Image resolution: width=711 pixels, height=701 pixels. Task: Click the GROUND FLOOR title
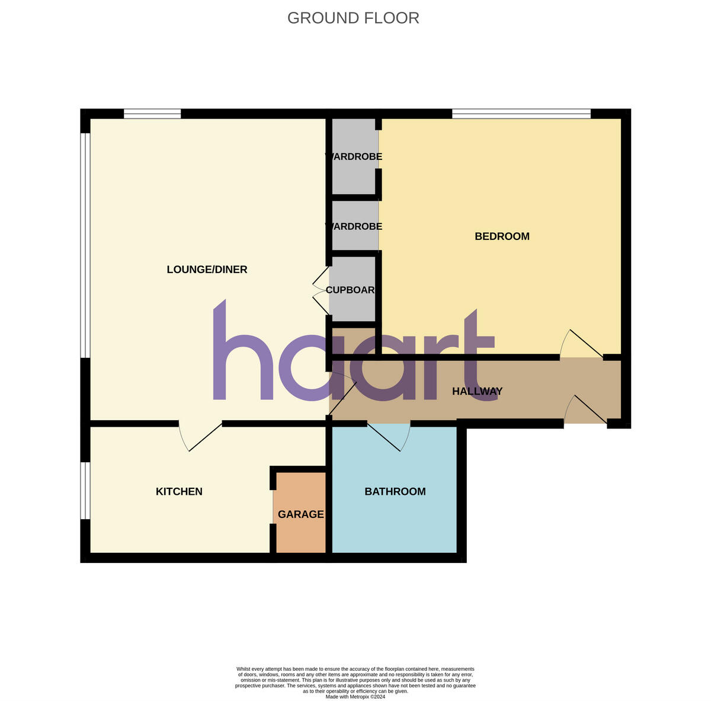point(353,18)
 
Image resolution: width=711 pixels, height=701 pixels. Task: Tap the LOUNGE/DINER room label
point(207,270)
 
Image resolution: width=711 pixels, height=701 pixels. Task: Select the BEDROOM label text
point(502,236)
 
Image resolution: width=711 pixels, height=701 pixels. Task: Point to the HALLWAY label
point(477,391)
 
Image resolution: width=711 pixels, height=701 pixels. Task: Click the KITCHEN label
point(179,491)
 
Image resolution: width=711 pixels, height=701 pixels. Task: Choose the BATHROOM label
point(395,491)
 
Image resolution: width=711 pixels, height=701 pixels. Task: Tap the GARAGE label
point(300,514)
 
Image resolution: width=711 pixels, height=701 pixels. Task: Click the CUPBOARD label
point(351,290)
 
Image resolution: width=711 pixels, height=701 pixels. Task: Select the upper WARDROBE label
point(354,157)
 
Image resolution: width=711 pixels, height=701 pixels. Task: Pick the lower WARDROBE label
point(354,226)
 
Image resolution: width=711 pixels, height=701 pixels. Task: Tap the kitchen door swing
point(198,437)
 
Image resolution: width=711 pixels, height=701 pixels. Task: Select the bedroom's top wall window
point(521,114)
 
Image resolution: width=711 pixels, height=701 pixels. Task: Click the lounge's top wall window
point(152,114)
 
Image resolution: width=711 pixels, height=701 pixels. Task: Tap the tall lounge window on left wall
point(85,245)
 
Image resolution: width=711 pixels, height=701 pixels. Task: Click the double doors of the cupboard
point(321,290)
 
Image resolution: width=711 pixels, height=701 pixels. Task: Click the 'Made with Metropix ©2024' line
point(355,697)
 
